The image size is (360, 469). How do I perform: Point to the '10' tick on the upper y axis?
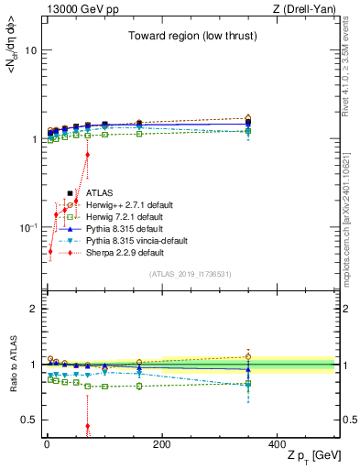(x=30, y=51)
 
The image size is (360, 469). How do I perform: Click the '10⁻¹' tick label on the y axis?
(x=27, y=227)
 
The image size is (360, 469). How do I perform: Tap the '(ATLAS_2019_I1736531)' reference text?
(x=190, y=274)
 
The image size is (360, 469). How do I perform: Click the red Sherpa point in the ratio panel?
(x=87, y=426)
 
